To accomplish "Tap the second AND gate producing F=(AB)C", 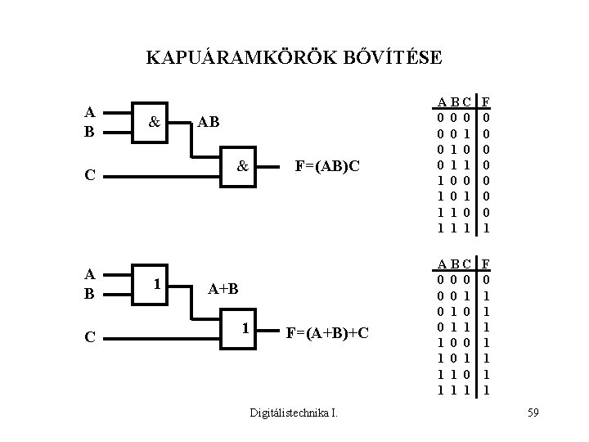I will tap(243, 166).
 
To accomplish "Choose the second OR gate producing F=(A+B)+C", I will tap(243, 328).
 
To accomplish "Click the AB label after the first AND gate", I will tap(207, 122).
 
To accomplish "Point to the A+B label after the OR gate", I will tap(223, 289).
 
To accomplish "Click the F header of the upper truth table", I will tap(486, 102).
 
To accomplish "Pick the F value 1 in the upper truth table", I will tap(486, 228).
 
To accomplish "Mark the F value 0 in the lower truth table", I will tap(486, 279).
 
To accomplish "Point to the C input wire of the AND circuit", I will tap(164, 174).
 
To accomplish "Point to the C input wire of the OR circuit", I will tap(164, 336).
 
